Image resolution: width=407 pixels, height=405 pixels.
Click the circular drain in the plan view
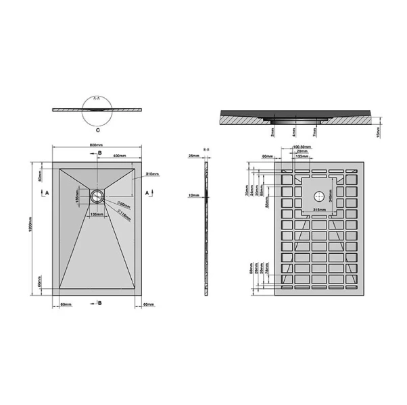[x=97, y=196]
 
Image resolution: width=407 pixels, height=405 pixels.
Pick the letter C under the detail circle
[x=97, y=127]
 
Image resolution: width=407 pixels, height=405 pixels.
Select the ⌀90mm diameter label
[x=123, y=203]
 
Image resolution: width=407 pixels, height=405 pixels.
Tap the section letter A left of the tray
[x=46, y=192]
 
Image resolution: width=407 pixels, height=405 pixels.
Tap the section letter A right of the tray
[x=148, y=192]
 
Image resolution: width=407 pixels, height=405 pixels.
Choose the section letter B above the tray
[x=101, y=154]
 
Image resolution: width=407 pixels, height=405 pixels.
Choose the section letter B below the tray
[x=100, y=304]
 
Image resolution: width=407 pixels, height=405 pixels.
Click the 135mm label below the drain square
[x=97, y=215]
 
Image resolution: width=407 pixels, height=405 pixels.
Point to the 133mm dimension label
[x=301, y=157]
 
